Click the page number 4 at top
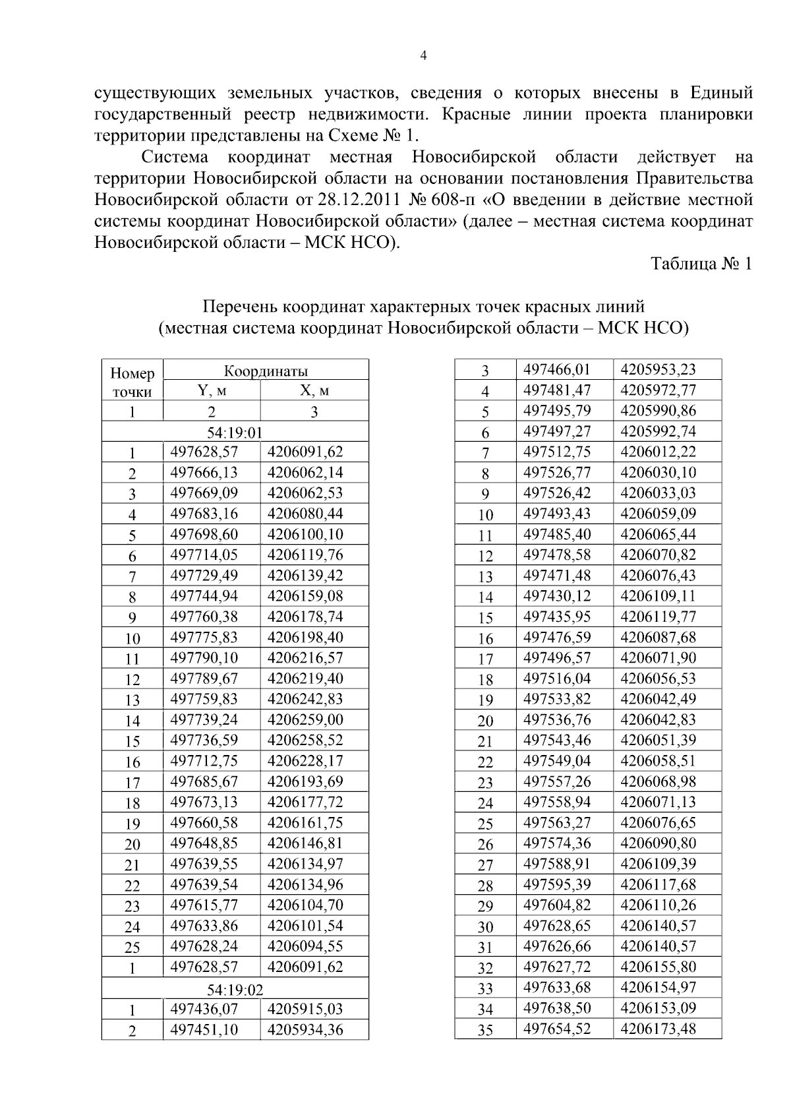[x=423, y=57]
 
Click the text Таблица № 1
[x=701, y=264]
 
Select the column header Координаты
[x=266, y=371]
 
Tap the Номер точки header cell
[x=132, y=382]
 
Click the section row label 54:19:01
[x=235, y=433]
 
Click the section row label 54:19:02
[x=235, y=990]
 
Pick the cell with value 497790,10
[x=204, y=658]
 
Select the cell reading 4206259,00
[x=305, y=719]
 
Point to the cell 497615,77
[x=204, y=905]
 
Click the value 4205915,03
[x=305, y=1009]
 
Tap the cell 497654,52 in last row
[x=557, y=1029]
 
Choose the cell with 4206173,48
[x=658, y=1029]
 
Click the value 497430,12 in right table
[x=557, y=596]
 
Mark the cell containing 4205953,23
[x=658, y=370]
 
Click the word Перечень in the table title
[x=240, y=307]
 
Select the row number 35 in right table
[x=485, y=1030]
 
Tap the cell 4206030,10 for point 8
[x=658, y=473]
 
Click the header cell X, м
[x=314, y=391]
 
